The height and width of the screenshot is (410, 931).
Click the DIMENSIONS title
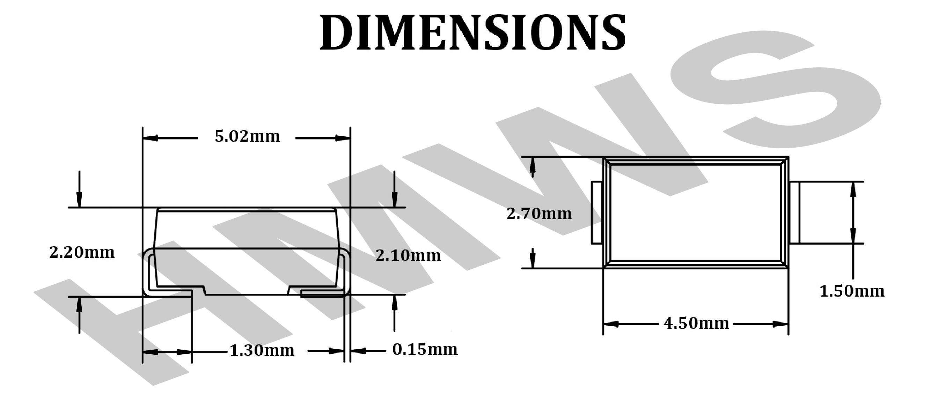(x=473, y=32)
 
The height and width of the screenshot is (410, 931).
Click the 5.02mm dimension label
(x=247, y=136)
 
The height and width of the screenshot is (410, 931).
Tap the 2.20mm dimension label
(x=82, y=253)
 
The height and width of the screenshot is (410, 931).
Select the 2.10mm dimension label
(x=408, y=256)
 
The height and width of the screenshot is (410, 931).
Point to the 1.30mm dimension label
(x=262, y=351)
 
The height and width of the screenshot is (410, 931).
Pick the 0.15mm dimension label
(x=425, y=350)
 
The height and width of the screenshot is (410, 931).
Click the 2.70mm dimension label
(x=539, y=214)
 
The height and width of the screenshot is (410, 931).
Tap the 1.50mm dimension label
(x=852, y=291)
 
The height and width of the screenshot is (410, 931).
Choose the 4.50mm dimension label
(x=696, y=323)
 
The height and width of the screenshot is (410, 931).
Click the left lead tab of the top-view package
(x=597, y=213)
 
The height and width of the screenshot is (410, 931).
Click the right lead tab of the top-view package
(x=794, y=213)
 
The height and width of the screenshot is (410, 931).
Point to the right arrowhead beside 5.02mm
(x=343, y=138)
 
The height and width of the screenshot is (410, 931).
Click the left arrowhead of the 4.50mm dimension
(x=611, y=324)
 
